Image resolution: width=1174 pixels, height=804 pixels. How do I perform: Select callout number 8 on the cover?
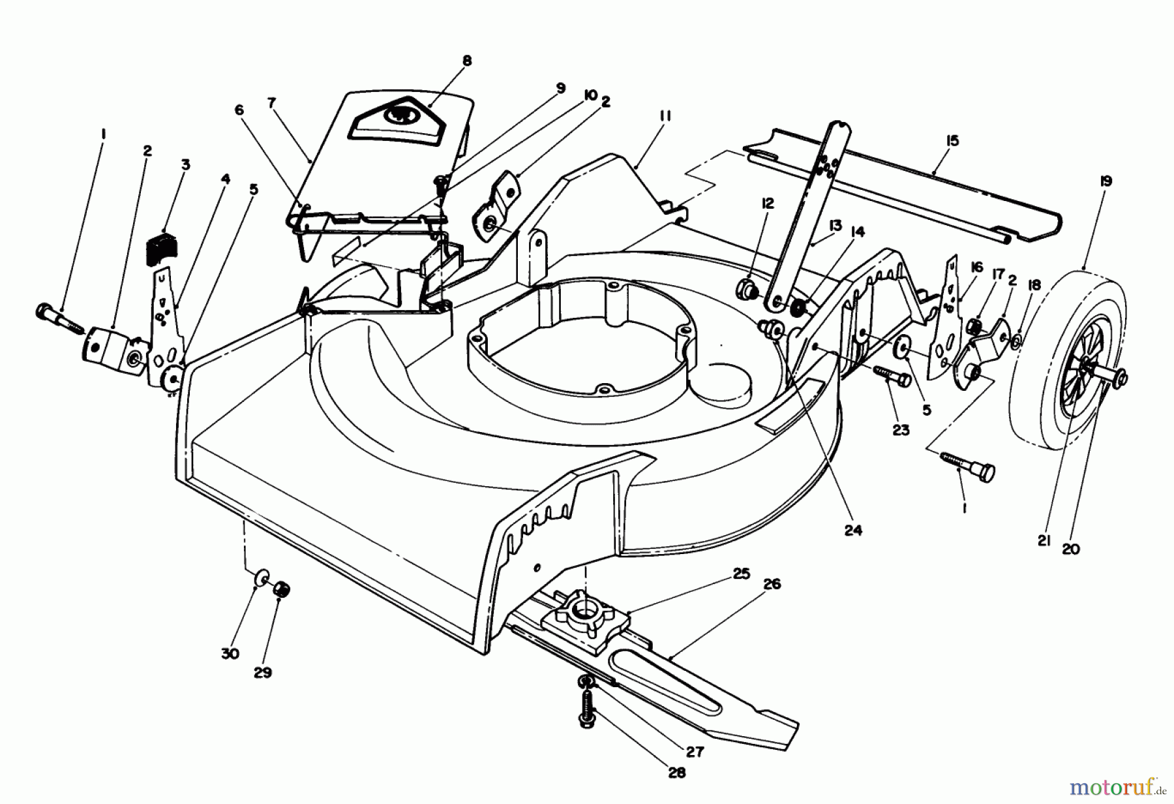pyautogui.click(x=466, y=61)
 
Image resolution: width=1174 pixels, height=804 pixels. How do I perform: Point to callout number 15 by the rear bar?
pyautogui.click(x=953, y=140)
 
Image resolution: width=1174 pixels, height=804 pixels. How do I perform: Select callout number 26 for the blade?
pyautogui.click(x=772, y=584)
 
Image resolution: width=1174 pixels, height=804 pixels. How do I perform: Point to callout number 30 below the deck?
pyautogui.click(x=230, y=653)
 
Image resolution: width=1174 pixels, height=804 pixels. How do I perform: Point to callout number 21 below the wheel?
pyautogui.click(x=1044, y=540)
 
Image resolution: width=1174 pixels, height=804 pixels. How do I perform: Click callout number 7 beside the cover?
pyautogui.click(x=271, y=102)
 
